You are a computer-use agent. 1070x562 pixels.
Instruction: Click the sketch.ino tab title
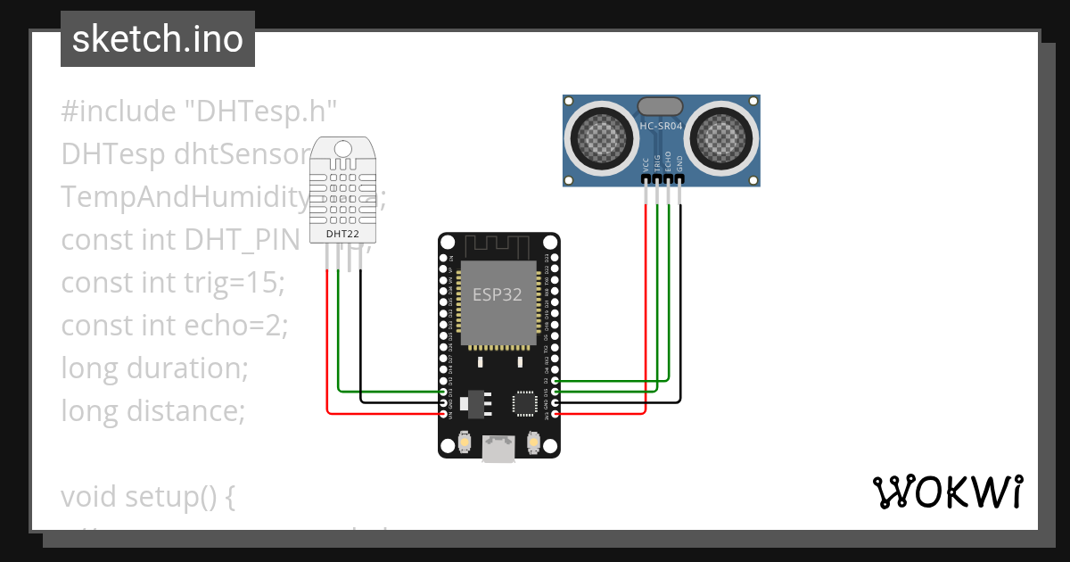157,39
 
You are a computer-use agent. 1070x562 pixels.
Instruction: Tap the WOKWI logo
947,492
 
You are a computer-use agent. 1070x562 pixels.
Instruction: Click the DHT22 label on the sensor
343,234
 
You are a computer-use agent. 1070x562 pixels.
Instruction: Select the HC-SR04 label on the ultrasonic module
661,127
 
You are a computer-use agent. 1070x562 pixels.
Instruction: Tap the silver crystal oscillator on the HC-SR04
661,106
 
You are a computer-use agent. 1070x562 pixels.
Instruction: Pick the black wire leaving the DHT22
360,339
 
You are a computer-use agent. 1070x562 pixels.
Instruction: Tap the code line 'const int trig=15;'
172,283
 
